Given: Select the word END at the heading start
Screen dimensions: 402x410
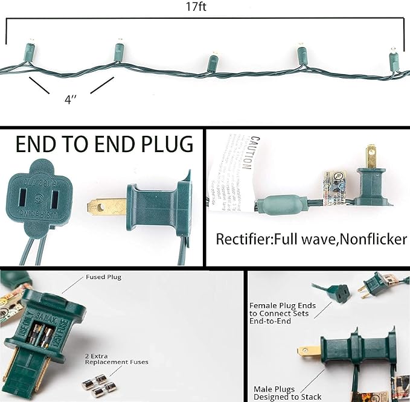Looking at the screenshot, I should click(x=33, y=145).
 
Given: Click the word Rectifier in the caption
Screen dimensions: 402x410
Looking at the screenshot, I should click(x=243, y=239).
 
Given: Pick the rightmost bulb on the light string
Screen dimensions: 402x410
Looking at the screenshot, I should click(x=394, y=59).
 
